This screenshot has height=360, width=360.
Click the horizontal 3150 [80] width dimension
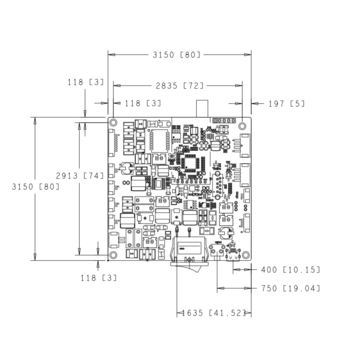pos(176,54)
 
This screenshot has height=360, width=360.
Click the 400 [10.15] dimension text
pos(290,270)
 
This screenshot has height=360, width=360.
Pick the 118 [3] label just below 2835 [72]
pos(142,103)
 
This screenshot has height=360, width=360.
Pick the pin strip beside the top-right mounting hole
pos(223,125)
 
